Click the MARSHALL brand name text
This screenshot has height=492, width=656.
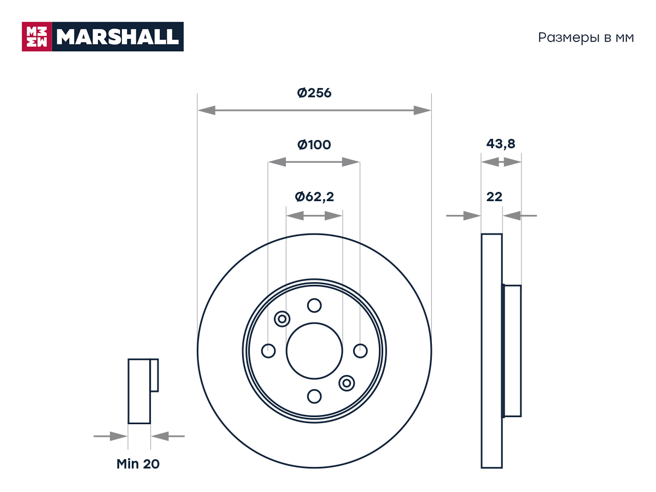[x=118, y=37]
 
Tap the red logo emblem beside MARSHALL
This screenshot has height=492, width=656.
[x=37, y=37]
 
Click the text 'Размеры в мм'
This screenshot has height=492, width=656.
[x=586, y=38]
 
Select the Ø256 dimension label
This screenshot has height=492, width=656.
[x=314, y=93]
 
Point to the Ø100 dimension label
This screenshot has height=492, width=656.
[x=314, y=145]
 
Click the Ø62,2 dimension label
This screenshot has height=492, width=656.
[x=314, y=197]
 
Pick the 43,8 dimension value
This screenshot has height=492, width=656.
[x=501, y=144]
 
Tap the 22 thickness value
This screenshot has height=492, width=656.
[x=494, y=197]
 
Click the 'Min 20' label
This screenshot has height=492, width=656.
[x=138, y=464]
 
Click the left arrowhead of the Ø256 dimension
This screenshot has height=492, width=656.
[x=207, y=110]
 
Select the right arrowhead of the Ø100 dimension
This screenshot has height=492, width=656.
[x=350, y=162]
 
